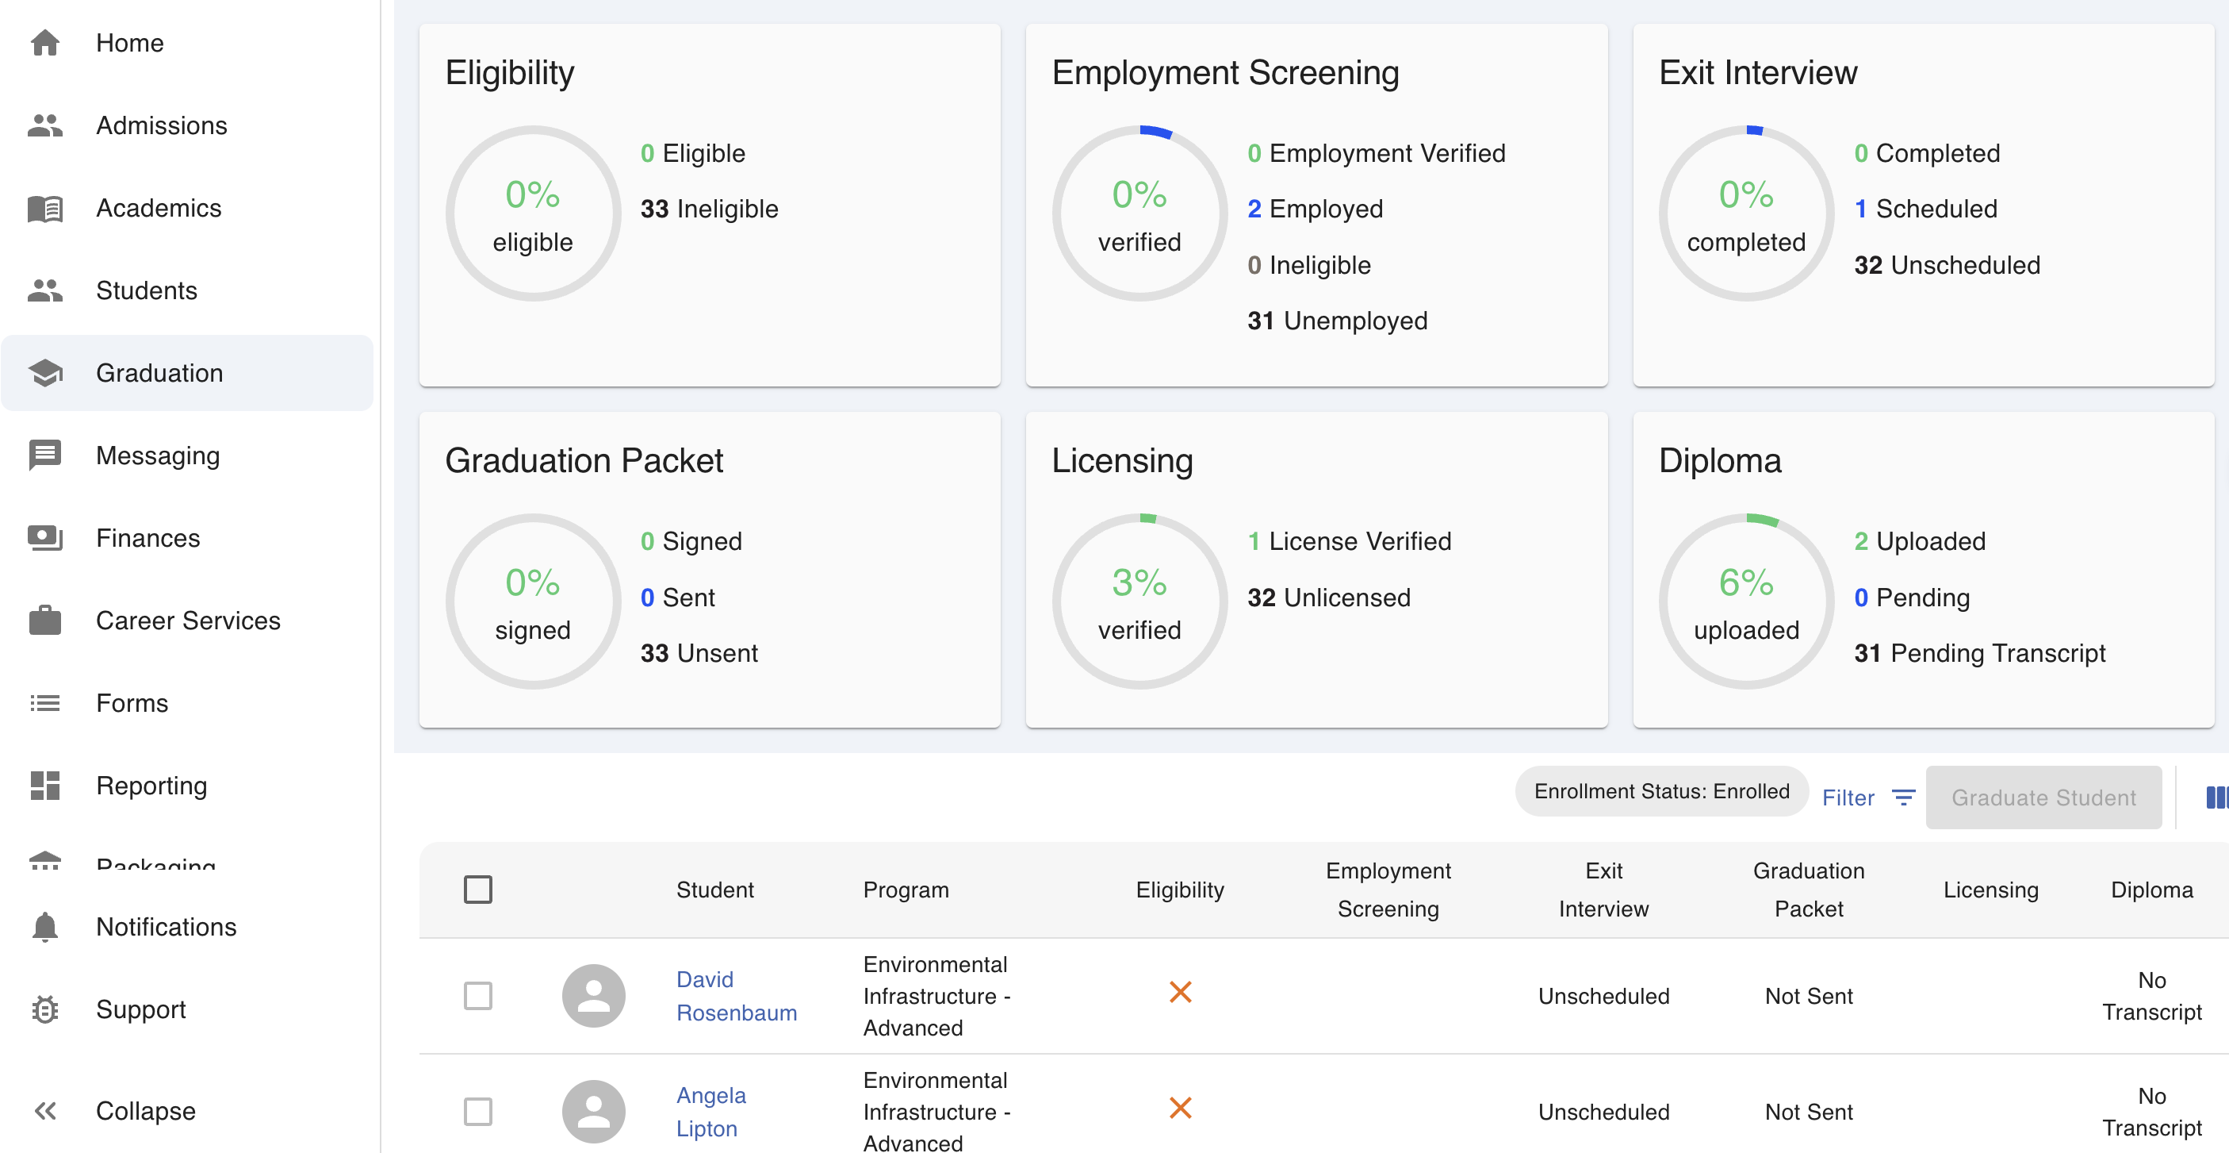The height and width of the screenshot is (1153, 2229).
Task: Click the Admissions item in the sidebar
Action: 161,125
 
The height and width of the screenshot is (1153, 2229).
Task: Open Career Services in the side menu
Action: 188,621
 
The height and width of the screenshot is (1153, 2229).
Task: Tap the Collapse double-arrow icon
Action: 45,1111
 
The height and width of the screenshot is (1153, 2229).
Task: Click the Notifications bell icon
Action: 45,927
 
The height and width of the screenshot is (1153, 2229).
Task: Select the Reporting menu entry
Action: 151,786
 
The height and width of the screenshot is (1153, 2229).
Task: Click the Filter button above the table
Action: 1867,797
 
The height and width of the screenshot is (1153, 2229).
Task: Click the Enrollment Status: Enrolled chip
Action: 1660,791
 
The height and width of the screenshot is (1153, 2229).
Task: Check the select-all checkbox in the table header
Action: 477,890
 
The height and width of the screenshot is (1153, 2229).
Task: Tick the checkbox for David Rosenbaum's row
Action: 477,995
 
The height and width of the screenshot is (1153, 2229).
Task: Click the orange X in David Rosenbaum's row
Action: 1180,992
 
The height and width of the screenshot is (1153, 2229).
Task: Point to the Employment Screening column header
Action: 1388,890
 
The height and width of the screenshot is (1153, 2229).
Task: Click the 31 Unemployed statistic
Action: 1337,321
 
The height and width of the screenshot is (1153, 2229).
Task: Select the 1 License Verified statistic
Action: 1349,542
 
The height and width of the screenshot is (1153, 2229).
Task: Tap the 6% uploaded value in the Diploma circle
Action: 1746,583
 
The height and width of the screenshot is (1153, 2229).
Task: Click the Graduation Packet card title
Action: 584,460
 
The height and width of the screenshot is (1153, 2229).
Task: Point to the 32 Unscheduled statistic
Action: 1947,265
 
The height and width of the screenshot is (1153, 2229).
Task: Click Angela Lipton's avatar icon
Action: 594,1112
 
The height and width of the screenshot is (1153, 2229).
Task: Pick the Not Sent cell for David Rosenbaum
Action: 1809,997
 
